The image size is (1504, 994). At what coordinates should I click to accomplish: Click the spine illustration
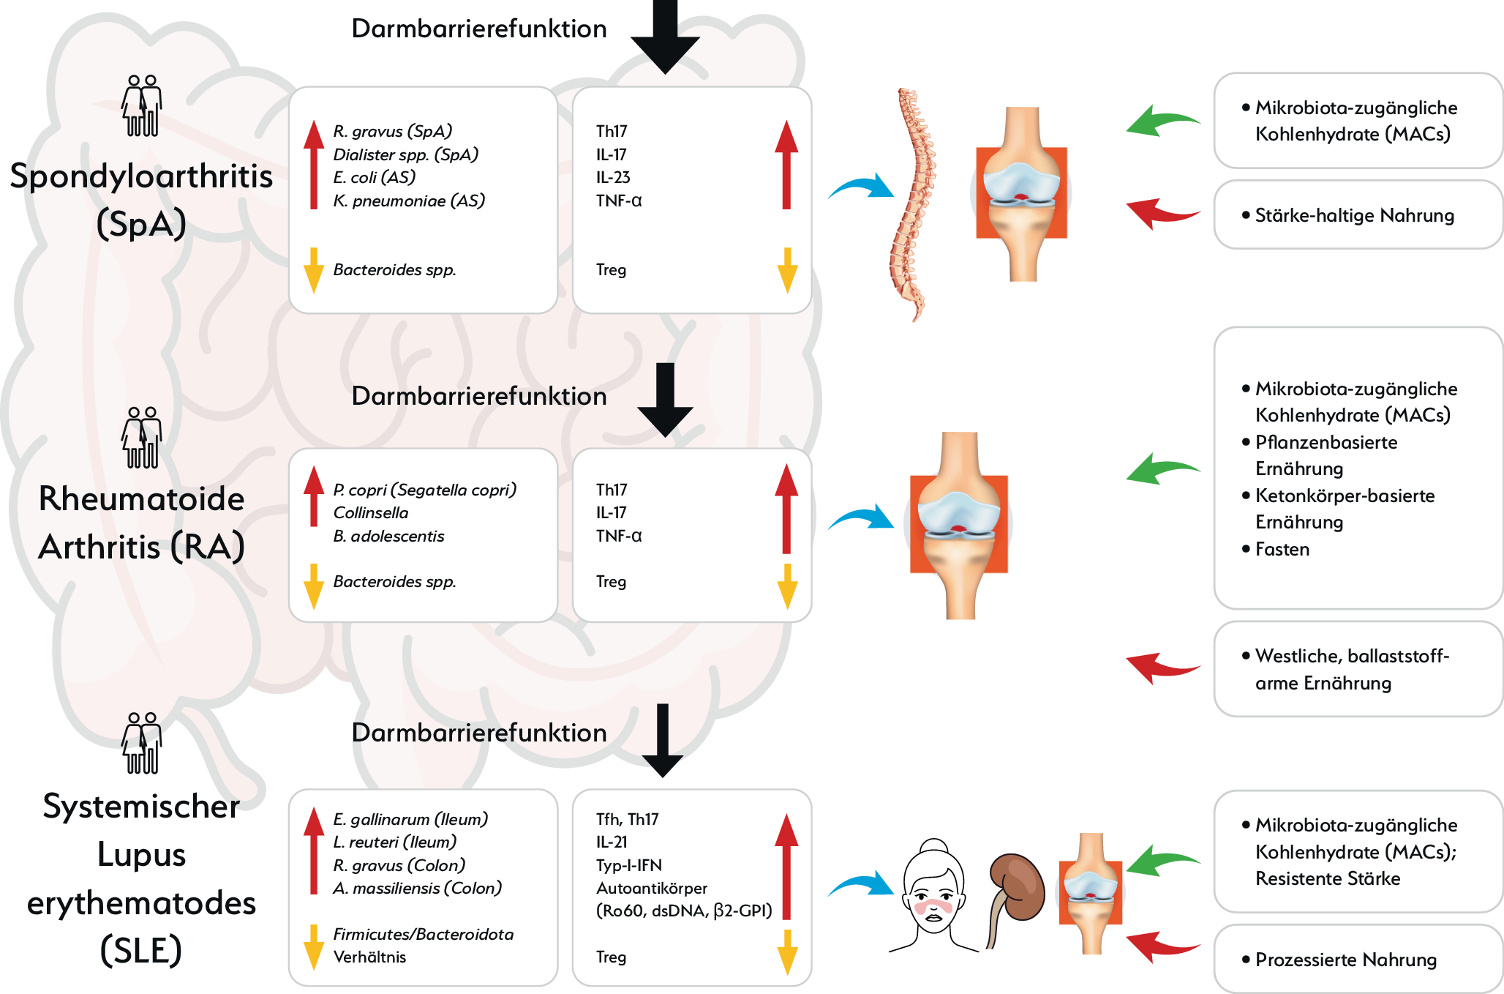pos(911,205)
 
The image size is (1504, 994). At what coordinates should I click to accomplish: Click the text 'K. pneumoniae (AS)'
pos(409,201)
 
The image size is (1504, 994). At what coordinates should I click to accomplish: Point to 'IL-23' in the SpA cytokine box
pos(613,177)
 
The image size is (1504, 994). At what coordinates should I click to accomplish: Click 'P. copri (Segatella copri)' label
pos(425,490)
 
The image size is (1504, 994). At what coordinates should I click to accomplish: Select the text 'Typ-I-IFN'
pos(629,865)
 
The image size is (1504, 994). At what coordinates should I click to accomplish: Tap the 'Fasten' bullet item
pos(1276,549)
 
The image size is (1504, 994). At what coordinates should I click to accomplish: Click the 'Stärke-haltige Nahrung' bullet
pos(1348,215)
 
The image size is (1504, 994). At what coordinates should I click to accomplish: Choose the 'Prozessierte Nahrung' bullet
pos(1339,960)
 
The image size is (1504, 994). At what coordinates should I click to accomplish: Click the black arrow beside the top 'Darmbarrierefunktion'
pos(665,37)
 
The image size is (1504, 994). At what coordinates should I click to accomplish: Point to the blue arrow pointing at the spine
pos(861,187)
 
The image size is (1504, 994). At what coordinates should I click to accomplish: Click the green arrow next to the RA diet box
pos(1163,469)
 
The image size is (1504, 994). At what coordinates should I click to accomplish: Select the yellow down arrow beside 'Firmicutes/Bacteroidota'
pos(314,947)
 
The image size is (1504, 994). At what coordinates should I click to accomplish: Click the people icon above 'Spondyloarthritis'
pos(141,105)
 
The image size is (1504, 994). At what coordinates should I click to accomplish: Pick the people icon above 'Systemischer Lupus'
pos(141,743)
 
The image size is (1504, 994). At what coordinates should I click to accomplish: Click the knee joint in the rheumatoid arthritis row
pos(959,526)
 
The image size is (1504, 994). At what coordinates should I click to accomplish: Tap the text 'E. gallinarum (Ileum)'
pos(410,819)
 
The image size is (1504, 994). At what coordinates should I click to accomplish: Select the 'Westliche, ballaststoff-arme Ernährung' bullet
pos(1346,669)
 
